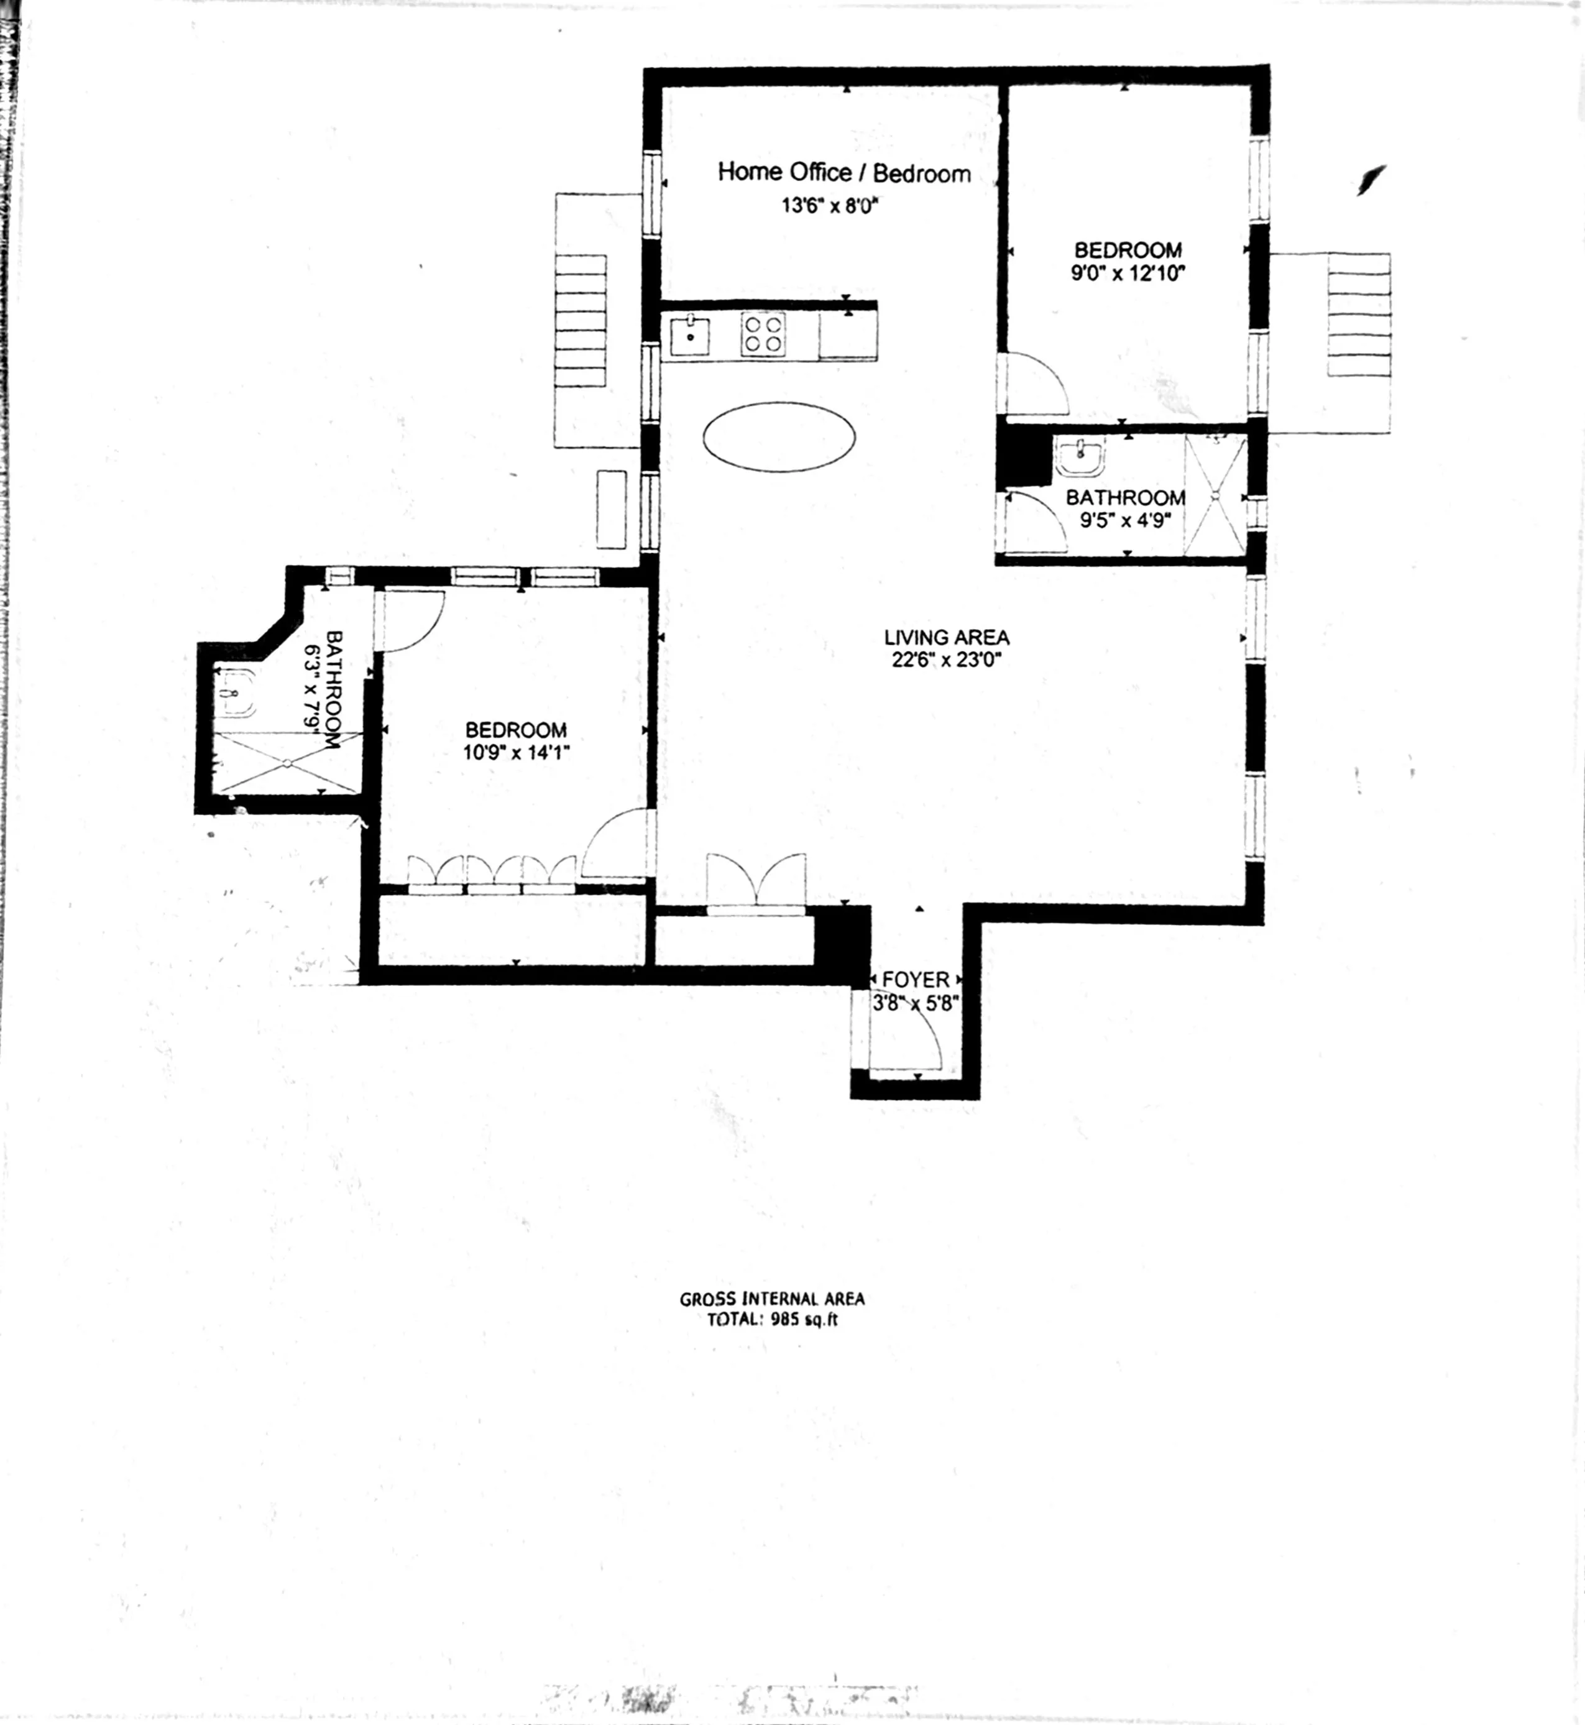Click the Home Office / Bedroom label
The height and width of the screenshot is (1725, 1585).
click(844, 173)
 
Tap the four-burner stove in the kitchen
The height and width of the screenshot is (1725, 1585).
click(763, 334)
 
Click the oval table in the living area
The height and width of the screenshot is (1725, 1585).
click(779, 438)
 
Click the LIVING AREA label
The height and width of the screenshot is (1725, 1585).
click(946, 637)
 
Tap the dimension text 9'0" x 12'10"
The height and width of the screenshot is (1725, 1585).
click(1127, 274)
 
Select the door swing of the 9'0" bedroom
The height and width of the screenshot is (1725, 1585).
click(1036, 384)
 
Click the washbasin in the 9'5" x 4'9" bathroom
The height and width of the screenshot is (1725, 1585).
click(1080, 456)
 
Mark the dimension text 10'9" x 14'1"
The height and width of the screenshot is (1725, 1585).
click(517, 753)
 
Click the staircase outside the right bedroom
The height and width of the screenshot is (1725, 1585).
click(1359, 315)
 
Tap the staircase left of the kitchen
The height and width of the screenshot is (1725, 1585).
click(581, 321)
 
